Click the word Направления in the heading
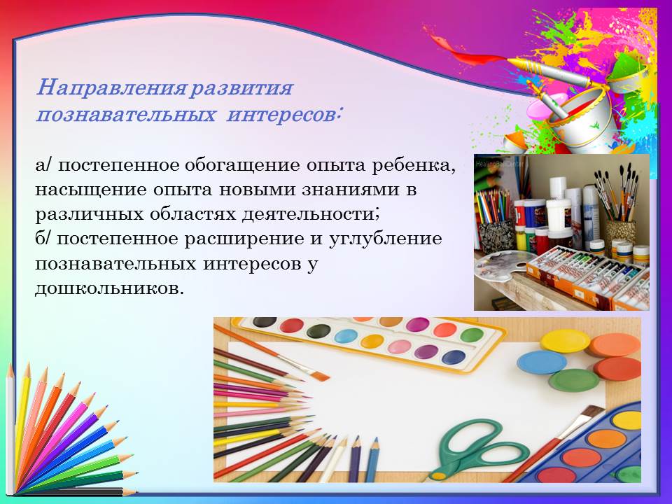pyautogui.click(x=111, y=89)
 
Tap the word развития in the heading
pyautogui.click(x=241, y=89)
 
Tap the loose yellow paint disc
pyautogui.click(x=565, y=341)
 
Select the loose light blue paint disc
pyautogui.click(x=542, y=362)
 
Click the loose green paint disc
pyautogui.click(x=574, y=380)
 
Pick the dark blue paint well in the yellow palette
pyautogui.click(x=454, y=357)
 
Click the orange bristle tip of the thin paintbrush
pyautogui.click(x=320, y=377)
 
